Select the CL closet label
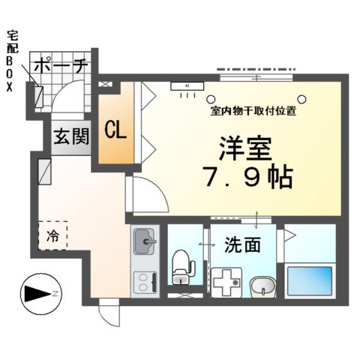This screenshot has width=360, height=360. [x=115, y=130]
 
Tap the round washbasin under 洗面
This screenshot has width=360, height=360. [x=260, y=286]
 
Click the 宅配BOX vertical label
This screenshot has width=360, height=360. [x=10, y=60]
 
